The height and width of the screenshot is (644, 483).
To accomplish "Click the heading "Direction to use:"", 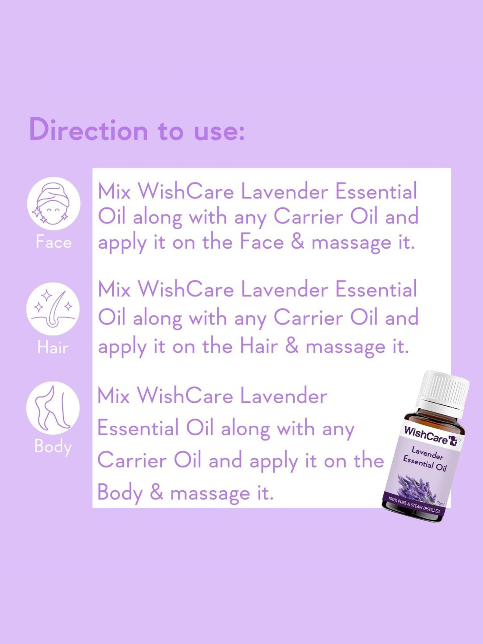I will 137,130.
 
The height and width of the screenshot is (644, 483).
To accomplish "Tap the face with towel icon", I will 53,203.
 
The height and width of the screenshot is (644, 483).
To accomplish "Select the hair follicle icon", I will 53,309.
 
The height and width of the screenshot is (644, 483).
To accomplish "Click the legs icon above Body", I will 53,408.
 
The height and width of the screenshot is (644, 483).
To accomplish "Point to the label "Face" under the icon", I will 53,242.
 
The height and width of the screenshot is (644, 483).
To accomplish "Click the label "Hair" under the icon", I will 53,347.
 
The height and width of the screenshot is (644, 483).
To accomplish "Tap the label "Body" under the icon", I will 53,446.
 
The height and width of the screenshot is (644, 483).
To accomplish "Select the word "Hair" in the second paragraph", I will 259,346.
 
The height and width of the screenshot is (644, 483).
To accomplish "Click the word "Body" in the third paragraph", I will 120,493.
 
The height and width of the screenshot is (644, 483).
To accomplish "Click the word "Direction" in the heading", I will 89,130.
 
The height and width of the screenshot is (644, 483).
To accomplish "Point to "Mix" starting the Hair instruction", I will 114,289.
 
